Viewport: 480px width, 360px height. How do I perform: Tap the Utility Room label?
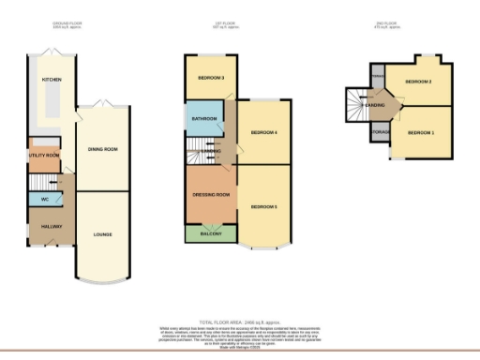43,156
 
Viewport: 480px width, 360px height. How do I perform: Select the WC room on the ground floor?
44,200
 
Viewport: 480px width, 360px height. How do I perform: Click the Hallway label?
43,226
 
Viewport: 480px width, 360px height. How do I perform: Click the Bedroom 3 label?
210,78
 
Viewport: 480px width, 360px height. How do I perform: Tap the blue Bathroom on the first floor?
204,119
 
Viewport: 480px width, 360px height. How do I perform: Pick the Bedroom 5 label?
265,204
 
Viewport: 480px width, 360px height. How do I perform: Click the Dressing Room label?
210,194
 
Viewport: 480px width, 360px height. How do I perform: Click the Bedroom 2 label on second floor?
417,82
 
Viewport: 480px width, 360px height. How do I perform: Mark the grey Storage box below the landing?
381,132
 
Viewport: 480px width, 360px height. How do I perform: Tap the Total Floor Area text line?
238,320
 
